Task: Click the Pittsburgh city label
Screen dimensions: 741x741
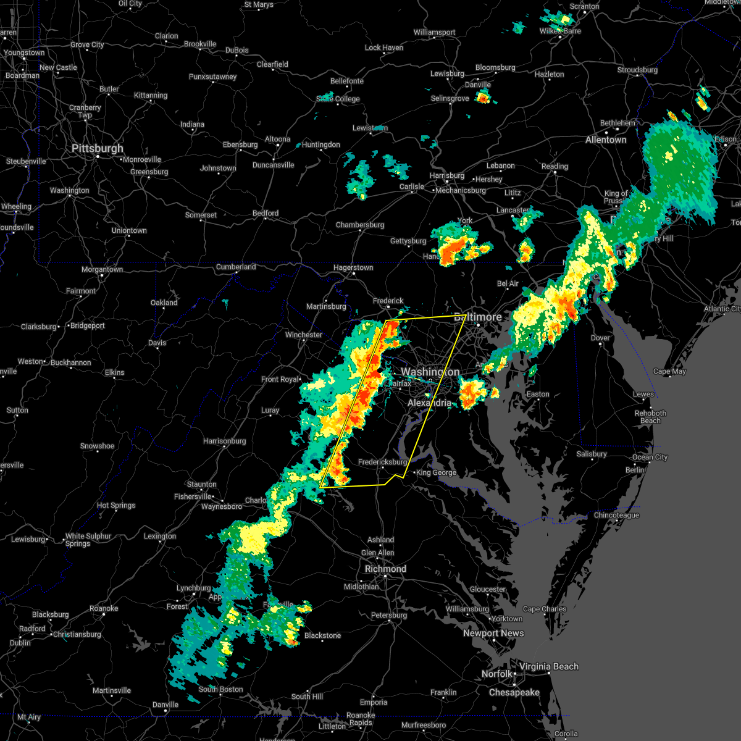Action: [x=98, y=149]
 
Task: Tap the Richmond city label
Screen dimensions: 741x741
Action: [x=385, y=569]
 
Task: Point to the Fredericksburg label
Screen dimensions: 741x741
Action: [x=383, y=462]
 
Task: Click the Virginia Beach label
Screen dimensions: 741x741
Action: [x=549, y=666]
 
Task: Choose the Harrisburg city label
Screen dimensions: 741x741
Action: [x=447, y=176]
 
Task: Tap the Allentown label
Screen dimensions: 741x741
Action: [x=606, y=140]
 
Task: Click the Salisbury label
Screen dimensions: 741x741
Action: [x=592, y=454]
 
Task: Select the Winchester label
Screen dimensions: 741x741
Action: [x=304, y=335]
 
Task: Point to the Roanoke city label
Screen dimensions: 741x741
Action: [x=104, y=609]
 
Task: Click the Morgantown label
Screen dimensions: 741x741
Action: [x=103, y=270]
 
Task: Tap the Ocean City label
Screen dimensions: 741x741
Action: [x=650, y=458]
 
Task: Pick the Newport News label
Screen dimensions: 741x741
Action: [x=493, y=633]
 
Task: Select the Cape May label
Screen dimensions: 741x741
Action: [x=670, y=372]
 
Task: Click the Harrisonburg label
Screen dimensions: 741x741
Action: [x=225, y=442]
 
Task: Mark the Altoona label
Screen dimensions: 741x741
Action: [x=278, y=139]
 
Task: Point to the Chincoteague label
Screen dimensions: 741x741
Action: [x=616, y=516]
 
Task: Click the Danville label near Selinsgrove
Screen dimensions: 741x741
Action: [x=478, y=85]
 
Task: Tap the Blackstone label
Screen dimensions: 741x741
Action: [x=322, y=635]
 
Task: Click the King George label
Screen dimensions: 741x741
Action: [x=437, y=473]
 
